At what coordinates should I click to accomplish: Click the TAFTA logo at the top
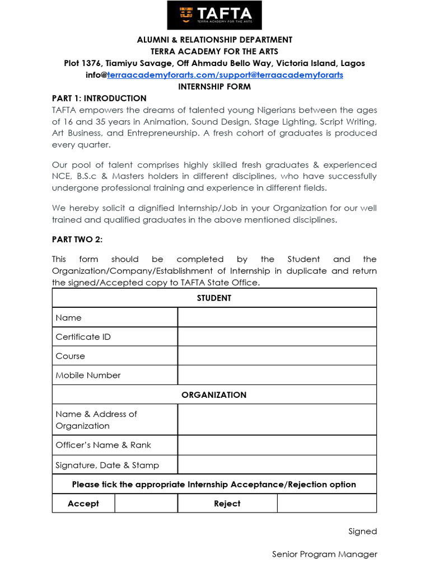pyautogui.click(x=214, y=15)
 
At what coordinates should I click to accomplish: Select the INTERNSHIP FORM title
pyautogui.click(x=214, y=87)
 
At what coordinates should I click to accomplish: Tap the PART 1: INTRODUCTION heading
pyautogui.click(x=99, y=98)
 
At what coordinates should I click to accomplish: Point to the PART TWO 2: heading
pyautogui.click(x=77, y=239)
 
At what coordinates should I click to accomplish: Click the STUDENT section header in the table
pyautogui.click(x=214, y=298)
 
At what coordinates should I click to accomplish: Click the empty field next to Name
pyautogui.click(x=277, y=317)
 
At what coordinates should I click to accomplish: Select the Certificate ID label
pyautogui.click(x=83, y=337)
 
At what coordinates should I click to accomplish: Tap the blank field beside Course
pyautogui.click(x=277, y=356)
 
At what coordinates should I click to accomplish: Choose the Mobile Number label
pyautogui.click(x=88, y=375)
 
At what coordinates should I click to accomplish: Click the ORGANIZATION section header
pyautogui.click(x=214, y=394)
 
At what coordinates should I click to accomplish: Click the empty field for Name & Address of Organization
pyautogui.click(x=277, y=420)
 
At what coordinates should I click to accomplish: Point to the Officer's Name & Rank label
pyautogui.click(x=103, y=445)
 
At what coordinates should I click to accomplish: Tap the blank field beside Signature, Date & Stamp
pyautogui.click(x=277, y=464)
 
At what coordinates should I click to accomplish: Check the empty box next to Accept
pyautogui.click(x=146, y=503)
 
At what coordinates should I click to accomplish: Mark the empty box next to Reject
pyautogui.click(x=326, y=503)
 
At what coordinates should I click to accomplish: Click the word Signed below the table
pyautogui.click(x=362, y=531)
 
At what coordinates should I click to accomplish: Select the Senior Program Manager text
pyautogui.click(x=324, y=554)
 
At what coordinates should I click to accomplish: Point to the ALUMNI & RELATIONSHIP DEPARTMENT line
pyautogui.click(x=214, y=40)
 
